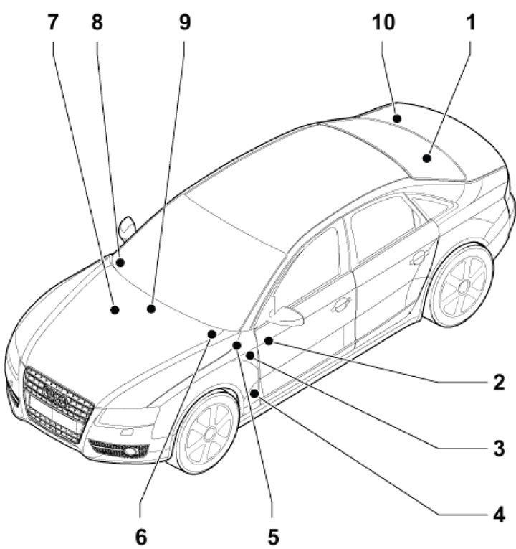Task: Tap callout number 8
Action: (96, 22)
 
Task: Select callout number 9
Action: (184, 22)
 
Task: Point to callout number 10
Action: (383, 22)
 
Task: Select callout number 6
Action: (141, 535)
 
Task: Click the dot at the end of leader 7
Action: (114, 310)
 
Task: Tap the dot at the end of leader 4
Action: (255, 393)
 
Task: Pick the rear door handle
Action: (418, 257)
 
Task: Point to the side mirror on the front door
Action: (287, 315)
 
